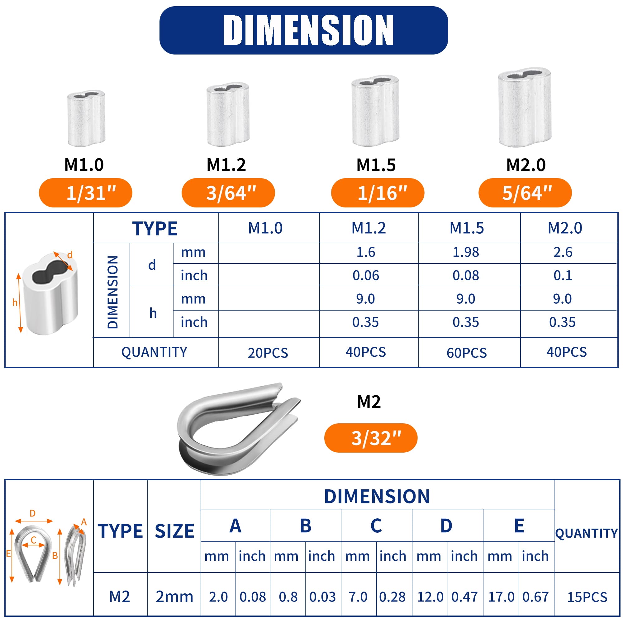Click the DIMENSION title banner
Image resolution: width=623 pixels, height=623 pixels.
pyautogui.click(x=303, y=30)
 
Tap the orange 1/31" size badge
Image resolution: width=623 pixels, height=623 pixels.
pyautogui.click(x=85, y=193)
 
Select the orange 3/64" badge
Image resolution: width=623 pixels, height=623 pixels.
pyautogui.click(x=228, y=193)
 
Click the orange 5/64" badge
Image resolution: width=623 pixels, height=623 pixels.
pyautogui.click(x=525, y=193)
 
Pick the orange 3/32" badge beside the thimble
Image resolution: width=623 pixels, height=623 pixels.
pyautogui.click(x=371, y=438)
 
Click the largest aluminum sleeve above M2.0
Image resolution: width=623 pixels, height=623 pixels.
pyautogui.click(x=525, y=107)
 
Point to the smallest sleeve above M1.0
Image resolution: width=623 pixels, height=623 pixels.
pyautogui.click(x=86, y=118)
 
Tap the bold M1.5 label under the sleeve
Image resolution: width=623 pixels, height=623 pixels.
pyautogui.click(x=376, y=165)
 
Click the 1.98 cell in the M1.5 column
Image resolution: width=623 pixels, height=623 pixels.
pyautogui.click(x=466, y=252)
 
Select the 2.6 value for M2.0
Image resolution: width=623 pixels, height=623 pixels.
pyautogui.click(x=563, y=252)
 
